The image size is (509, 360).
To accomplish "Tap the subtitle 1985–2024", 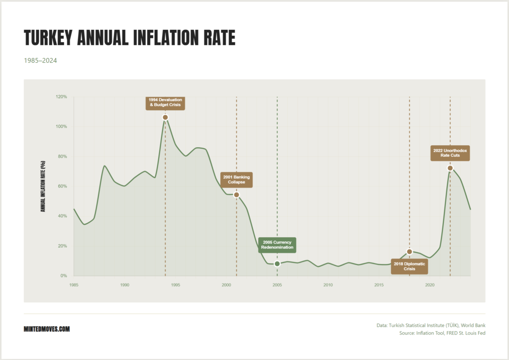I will coord(41,61).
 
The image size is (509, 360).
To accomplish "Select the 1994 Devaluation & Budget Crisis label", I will coord(166,102).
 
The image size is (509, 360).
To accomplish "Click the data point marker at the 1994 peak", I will coord(166,117).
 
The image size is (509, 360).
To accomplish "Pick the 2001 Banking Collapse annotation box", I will coord(237,180).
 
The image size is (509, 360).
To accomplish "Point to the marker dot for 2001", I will coord(237,195).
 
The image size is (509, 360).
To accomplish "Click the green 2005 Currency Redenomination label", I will coord(277,245).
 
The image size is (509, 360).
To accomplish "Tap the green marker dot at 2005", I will coord(277,264).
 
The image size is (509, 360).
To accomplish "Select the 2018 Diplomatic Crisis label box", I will coord(409,267).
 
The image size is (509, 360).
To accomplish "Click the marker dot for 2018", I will coord(410,252).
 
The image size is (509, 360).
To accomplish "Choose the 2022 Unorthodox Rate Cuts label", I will coord(450,153).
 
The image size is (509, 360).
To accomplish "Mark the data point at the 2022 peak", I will coord(450,168).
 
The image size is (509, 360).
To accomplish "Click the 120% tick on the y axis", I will coord(61,96).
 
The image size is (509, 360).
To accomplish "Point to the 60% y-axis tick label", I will coord(62,186).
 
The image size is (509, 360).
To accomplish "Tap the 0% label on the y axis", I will coord(64,276).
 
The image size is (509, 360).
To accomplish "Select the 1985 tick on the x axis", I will coord(74,285).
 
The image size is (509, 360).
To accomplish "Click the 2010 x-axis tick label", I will coord(328,285).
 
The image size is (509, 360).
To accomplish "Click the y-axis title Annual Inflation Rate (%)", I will coord(43,186).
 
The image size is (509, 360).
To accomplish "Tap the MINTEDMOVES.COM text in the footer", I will coord(47,329).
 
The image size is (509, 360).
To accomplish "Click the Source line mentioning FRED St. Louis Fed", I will coord(442,333).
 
